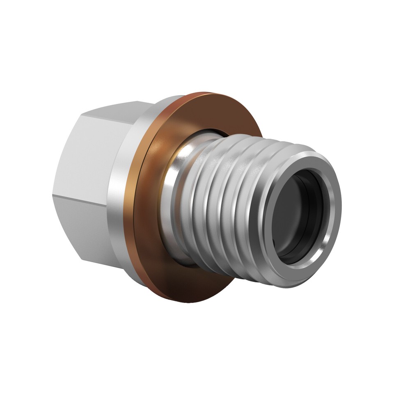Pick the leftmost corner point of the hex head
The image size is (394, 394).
coord(53,189)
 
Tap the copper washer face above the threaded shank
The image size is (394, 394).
coord(213,111)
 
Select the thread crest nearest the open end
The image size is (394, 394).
coord(263,193)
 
